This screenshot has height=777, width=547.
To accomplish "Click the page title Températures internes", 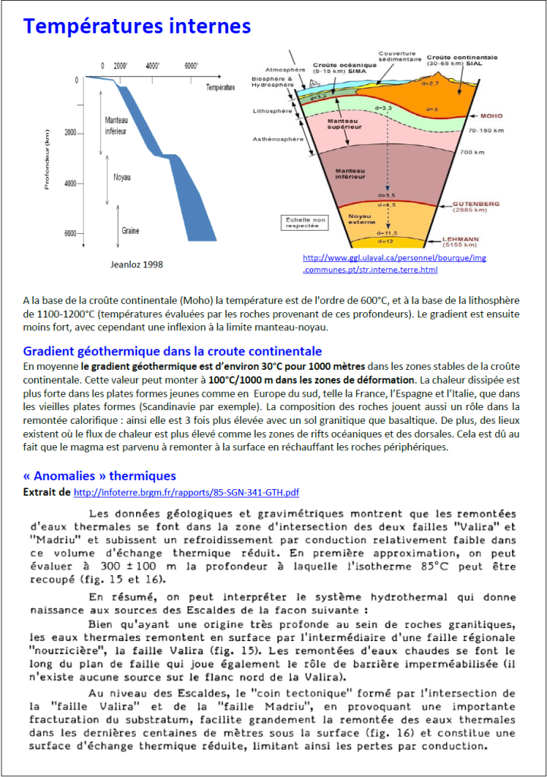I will click(x=137, y=27).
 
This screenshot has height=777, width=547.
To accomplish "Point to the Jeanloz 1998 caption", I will click(x=137, y=264).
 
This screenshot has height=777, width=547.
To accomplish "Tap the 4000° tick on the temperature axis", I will click(x=153, y=66).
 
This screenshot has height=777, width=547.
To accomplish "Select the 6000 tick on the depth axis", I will click(x=70, y=233).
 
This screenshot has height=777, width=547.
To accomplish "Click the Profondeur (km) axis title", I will click(x=47, y=157).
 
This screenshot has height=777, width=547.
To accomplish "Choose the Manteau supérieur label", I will click(x=346, y=125).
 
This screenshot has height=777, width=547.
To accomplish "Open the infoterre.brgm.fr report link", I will click(x=186, y=493).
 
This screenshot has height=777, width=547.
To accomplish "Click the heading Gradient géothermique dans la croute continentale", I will click(x=172, y=352).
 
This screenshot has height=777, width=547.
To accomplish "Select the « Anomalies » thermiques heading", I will click(x=100, y=476).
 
